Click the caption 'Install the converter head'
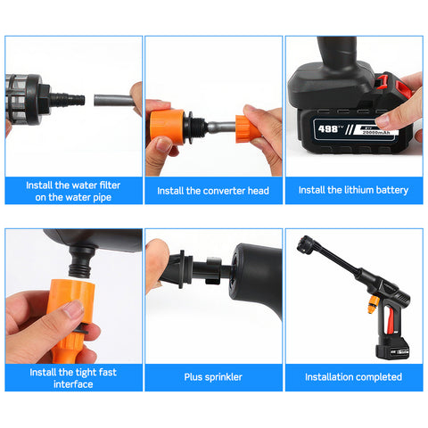pyautogui.click(x=214, y=190)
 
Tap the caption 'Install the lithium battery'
pyautogui.click(x=353, y=190)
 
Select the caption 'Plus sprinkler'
pyautogui.click(x=213, y=377)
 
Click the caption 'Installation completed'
pyautogui.click(x=353, y=377)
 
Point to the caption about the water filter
pyautogui.click(x=73, y=190)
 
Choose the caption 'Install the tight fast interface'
pyautogui.click(x=73, y=377)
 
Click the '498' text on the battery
pyautogui.click(x=329, y=130)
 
